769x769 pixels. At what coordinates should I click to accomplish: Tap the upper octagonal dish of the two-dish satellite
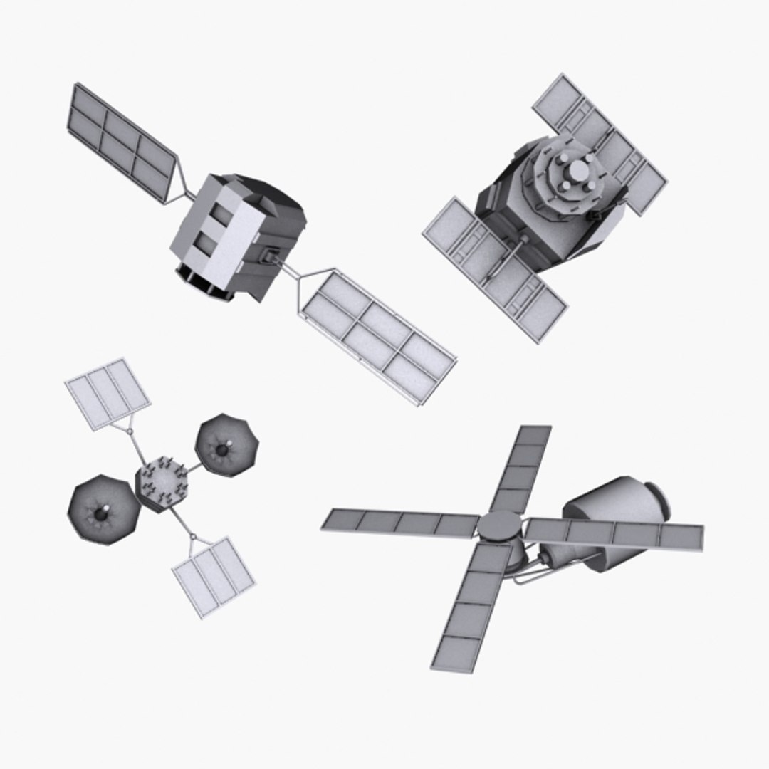tap(226, 446)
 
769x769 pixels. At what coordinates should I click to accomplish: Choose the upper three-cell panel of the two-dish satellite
tap(108, 394)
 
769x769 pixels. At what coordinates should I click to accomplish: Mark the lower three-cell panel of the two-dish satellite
tap(214, 575)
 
